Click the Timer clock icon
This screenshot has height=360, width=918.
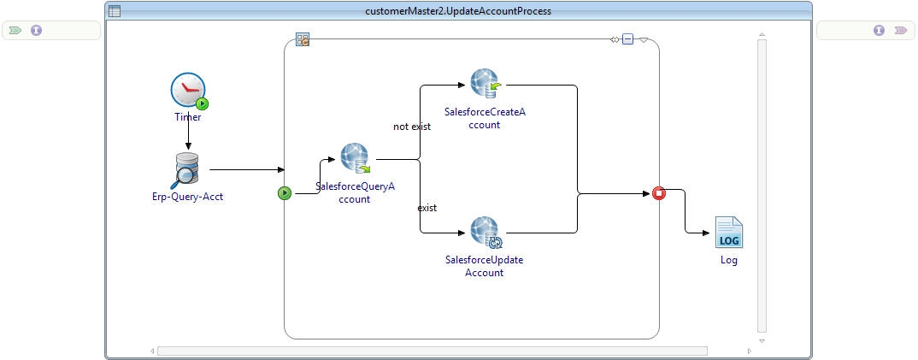pyautogui.click(x=188, y=90)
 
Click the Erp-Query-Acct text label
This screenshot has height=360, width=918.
pyautogui.click(x=186, y=196)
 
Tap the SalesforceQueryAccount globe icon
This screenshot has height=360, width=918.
pyautogui.click(x=355, y=158)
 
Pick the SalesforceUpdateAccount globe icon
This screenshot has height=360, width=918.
pyautogui.click(x=485, y=233)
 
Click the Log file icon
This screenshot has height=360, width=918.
pyautogui.click(x=728, y=233)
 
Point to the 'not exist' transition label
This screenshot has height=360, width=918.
pyautogui.click(x=412, y=127)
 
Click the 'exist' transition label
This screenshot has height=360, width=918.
pyautogui.click(x=427, y=208)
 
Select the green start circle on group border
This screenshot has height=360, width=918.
pyautogui.click(x=285, y=193)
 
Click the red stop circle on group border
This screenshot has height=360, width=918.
pyautogui.click(x=659, y=193)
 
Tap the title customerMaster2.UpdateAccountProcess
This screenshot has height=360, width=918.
pyautogui.click(x=458, y=11)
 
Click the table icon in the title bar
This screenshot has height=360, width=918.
pyautogui.click(x=115, y=11)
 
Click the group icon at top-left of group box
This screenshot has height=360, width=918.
pyautogui.click(x=302, y=39)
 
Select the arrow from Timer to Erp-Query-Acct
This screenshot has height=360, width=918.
pyautogui.click(x=188, y=137)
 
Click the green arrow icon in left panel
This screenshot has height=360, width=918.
pyautogui.click(x=15, y=30)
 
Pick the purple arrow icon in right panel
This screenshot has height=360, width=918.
pyautogui.click(x=900, y=30)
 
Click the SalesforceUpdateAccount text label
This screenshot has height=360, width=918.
pyautogui.click(x=485, y=266)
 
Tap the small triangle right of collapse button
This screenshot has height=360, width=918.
pyautogui.click(x=644, y=39)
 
